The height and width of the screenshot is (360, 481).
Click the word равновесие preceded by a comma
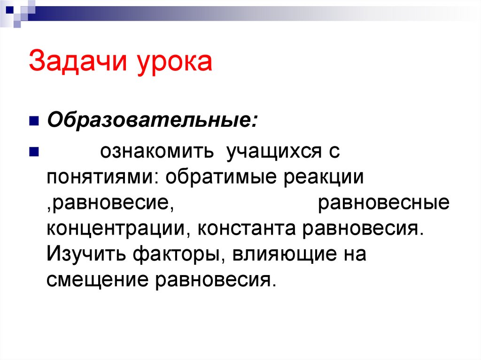(108, 204)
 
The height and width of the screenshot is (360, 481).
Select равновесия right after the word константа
(362, 229)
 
